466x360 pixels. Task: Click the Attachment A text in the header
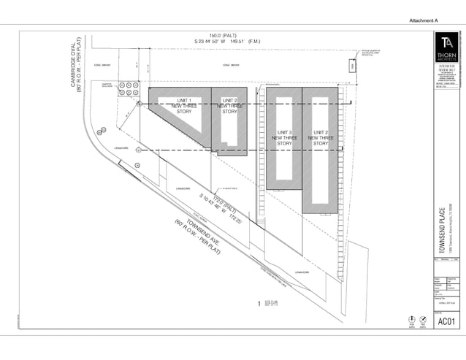click(x=422, y=21)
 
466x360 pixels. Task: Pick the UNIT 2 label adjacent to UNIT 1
click(x=230, y=100)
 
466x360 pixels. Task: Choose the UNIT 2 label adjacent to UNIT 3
click(x=321, y=132)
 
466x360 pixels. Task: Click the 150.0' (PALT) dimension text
click(x=224, y=35)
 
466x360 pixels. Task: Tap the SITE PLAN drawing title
click(x=270, y=300)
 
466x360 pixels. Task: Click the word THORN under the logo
click(x=446, y=55)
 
